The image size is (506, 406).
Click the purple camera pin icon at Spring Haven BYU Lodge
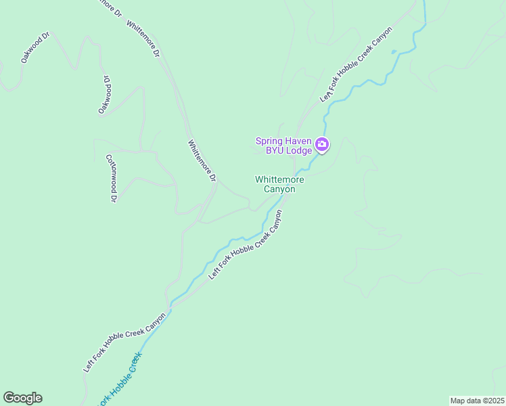(322, 145)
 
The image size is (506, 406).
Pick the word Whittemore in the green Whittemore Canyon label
(279, 179)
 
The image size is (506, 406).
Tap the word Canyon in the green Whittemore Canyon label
(279, 189)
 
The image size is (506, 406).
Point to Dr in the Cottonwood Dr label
(114, 198)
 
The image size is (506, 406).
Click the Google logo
(22, 398)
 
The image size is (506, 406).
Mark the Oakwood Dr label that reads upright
(36, 47)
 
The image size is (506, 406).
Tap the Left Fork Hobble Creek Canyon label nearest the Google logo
(125, 342)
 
